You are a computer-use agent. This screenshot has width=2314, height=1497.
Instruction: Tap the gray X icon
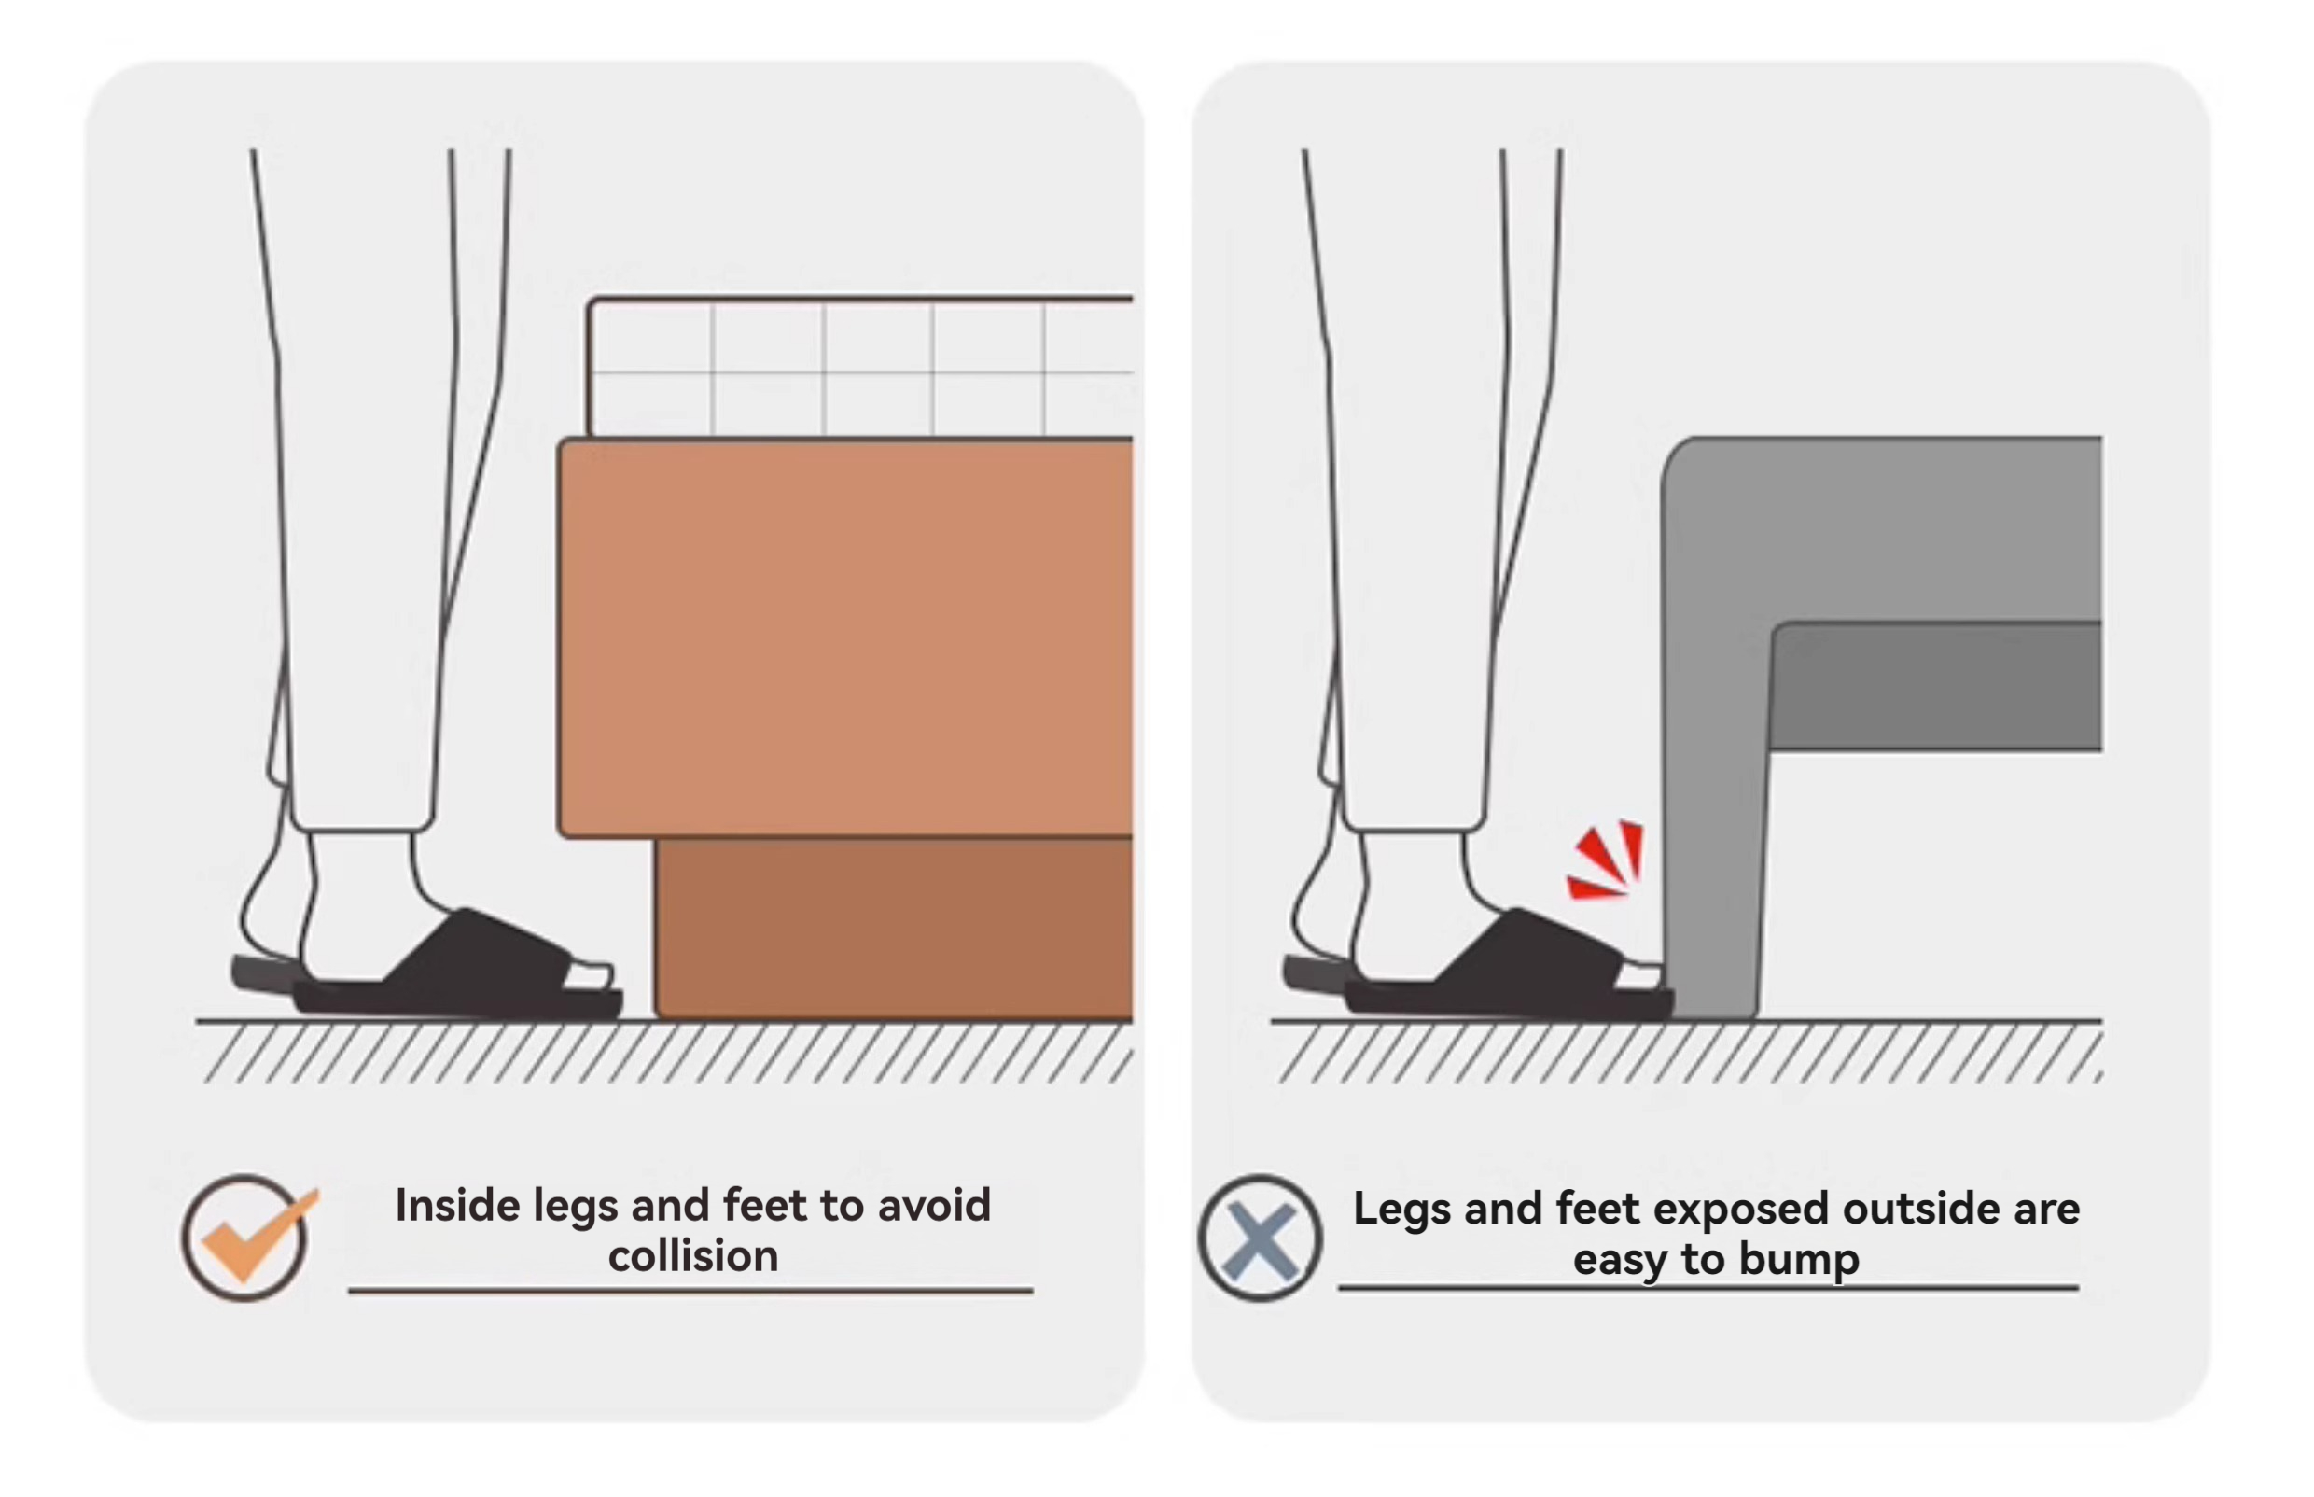[x=1260, y=1238]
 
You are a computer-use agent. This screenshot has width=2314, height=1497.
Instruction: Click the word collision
[x=693, y=1256]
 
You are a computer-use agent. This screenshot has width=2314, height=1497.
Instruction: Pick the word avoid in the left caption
[x=934, y=1206]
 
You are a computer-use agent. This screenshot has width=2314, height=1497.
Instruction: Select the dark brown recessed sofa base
[x=894, y=929]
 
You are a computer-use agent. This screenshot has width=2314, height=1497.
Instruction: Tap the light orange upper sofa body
[x=844, y=637]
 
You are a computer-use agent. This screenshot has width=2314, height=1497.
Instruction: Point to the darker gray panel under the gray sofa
[x=1935, y=686]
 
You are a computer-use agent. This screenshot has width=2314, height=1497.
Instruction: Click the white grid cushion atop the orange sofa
[x=860, y=367]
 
